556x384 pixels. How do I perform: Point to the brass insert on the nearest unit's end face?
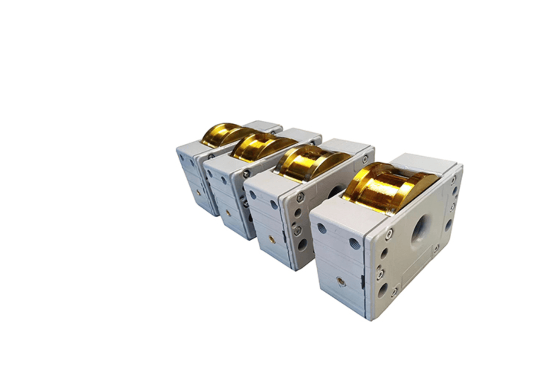pyautogui.click(x=340, y=282)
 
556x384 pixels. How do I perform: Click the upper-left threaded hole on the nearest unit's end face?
pyautogui.click(x=322, y=228)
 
